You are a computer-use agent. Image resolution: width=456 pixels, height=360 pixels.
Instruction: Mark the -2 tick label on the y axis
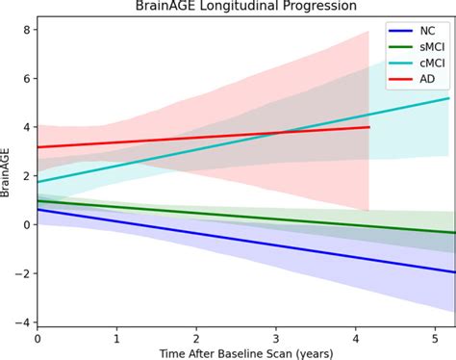coord(24,273)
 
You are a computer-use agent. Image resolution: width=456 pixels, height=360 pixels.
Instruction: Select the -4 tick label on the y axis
coord(24,322)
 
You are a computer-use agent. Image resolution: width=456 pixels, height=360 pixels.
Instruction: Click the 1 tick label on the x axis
coord(116,339)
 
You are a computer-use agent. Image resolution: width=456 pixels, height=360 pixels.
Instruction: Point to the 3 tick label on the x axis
coord(276,339)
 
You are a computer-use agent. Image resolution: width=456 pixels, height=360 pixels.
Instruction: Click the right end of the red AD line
coord(369,126)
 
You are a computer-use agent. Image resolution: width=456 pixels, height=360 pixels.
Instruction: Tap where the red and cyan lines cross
coord(279,131)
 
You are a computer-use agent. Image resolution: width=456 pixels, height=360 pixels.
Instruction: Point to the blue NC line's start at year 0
coord(38,209)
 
